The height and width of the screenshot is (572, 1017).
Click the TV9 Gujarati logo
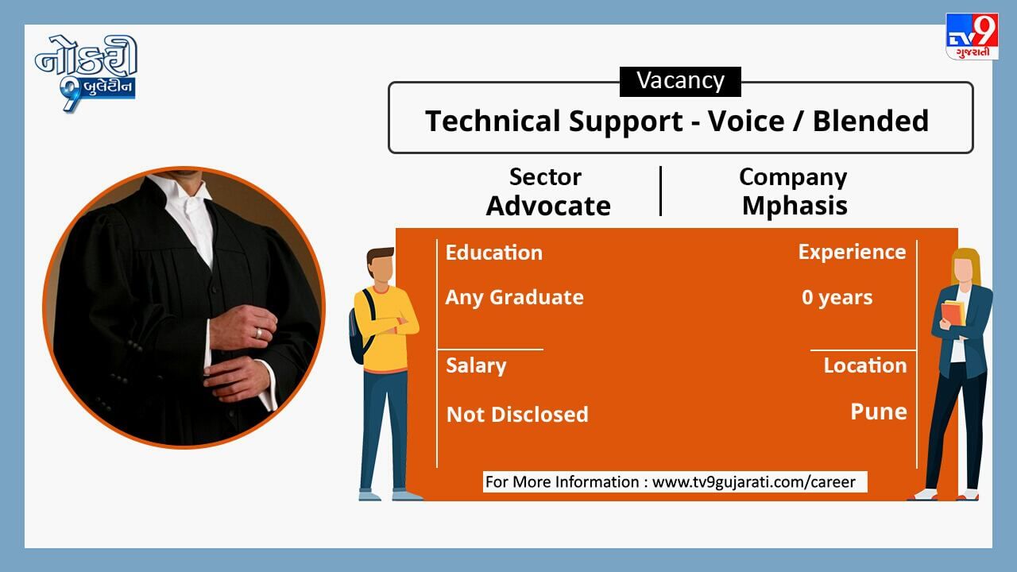click(971, 37)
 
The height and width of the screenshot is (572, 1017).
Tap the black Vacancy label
click(680, 81)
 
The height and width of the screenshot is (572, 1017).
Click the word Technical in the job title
click(493, 122)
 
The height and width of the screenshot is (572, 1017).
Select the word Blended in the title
click(870, 122)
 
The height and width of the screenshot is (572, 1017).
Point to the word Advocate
click(548, 206)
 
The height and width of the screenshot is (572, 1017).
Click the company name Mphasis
click(795, 207)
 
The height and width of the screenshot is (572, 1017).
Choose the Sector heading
click(545, 176)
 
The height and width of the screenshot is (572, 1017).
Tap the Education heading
click(494, 253)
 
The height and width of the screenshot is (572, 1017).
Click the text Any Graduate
click(514, 298)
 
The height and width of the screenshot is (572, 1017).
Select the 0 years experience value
click(837, 298)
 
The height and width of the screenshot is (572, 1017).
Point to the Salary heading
click(476, 366)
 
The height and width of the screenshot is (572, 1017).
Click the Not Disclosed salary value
click(517, 415)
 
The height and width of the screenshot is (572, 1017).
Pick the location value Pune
click(879, 412)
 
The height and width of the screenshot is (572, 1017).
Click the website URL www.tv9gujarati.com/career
click(754, 482)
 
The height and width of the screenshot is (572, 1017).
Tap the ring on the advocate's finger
click(258, 333)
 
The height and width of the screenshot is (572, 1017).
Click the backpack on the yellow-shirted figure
click(358, 327)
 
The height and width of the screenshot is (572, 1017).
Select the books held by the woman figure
click(953, 313)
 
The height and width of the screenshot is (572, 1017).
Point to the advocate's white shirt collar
click(188, 193)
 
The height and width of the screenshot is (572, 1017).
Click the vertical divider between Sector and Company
click(660, 191)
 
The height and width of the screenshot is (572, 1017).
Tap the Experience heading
click(852, 253)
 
